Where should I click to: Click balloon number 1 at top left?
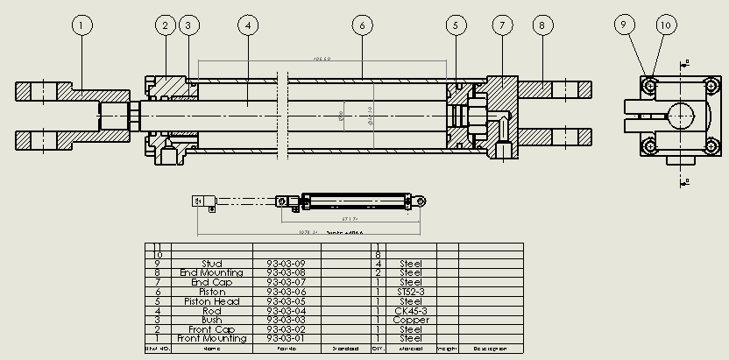click(x=81, y=25)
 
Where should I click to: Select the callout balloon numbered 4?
click(x=249, y=25)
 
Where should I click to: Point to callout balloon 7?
click(x=502, y=25)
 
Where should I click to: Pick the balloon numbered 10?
click(x=665, y=25)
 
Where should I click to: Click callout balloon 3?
click(x=188, y=25)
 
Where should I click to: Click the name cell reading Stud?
click(x=211, y=264)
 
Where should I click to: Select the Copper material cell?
click(x=410, y=320)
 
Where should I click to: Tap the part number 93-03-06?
click(x=287, y=292)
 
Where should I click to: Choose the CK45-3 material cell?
click(x=410, y=310)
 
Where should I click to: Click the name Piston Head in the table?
click(x=211, y=301)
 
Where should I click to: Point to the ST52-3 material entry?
click(x=410, y=292)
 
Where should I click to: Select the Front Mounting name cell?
click(x=211, y=338)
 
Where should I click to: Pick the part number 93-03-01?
click(x=287, y=338)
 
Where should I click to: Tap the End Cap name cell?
click(x=211, y=282)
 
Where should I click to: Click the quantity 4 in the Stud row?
click(x=378, y=264)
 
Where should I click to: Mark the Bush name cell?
click(x=211, y=320)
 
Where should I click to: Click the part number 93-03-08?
click(x=287, y=273)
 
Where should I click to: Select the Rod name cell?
click(x=211, y=310)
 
